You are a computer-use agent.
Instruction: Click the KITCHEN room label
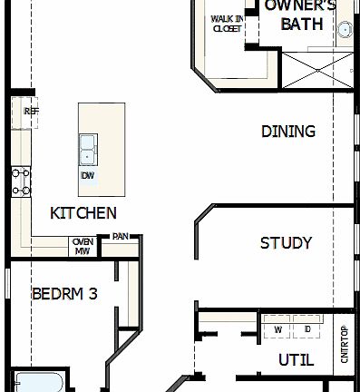tap(83, 213)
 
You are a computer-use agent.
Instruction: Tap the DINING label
tap(288, 132)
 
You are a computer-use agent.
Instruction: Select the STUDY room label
tap(286, 243)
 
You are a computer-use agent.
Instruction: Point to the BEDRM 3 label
tap(64, 294)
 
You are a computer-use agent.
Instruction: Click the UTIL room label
tap(296, 360)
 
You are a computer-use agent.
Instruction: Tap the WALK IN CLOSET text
tap(227, 24)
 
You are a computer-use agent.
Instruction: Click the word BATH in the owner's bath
tap(301, 24)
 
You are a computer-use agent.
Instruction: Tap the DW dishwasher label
tap(88, 175)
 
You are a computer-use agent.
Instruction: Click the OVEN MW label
tap(83, 246)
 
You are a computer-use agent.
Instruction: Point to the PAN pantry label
tap(120, 238)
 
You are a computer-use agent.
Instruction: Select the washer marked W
tap(278, 328)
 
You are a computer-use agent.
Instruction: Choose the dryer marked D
tap(308, 328)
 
